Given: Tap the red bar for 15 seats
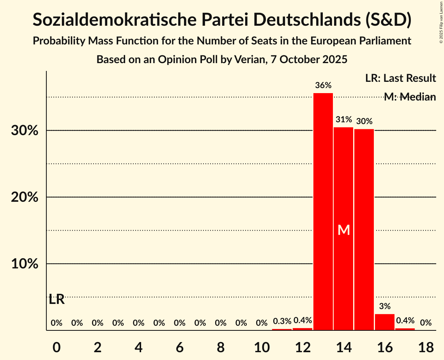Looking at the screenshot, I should (x=364, y=229).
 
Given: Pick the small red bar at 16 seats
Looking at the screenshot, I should (x=385, y=322).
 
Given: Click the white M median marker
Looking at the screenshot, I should (x=344, y=230).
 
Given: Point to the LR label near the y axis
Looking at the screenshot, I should (x=57, y=300).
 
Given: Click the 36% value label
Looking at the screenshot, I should (x=324, y=85).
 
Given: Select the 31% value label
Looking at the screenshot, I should (x=344, y=120).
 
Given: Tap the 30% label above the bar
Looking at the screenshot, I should (x=364, y=121).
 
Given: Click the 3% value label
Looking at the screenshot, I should (x=385, y=306).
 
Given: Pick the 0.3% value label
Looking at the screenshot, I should (x=282, y=321).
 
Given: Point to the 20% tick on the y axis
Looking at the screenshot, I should (x=25, y=198).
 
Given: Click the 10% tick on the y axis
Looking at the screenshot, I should (x=25, y=264).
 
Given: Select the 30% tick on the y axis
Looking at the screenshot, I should (x=25, y=131).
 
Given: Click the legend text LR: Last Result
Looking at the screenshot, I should (x=400, y=78).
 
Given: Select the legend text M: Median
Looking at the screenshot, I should (x=410, y=97).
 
